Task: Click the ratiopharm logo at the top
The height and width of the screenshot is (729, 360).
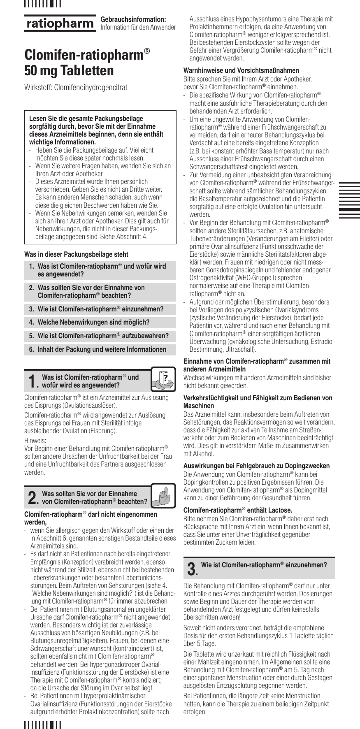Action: [60, 23]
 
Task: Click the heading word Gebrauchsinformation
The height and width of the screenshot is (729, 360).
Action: [133, 19]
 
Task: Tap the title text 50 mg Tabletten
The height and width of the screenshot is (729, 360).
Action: [69, 70]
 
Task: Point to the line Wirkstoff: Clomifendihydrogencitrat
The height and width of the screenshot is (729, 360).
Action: [76, 87]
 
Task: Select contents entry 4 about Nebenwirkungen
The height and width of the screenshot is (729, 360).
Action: [93, 322]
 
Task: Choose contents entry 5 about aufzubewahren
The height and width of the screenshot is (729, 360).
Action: [103, 336]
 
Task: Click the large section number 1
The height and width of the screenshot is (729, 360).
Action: [31, 381]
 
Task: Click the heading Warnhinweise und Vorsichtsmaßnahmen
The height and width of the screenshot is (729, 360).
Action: [241, 70]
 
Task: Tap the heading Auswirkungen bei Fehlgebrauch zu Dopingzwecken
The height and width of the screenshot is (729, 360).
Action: [256, 466]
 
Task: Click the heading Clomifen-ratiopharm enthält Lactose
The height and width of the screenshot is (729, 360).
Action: [237, 511]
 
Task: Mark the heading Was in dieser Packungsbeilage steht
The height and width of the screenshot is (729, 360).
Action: [76, 254]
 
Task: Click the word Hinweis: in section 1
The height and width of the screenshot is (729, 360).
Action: [35, 439]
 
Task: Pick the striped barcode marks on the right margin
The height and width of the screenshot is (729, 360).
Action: [349, 200]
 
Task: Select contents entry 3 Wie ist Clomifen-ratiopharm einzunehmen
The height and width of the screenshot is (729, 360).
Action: [100, 309]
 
